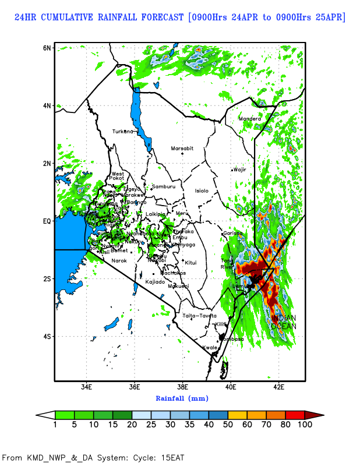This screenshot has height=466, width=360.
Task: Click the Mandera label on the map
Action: tap(250, 119)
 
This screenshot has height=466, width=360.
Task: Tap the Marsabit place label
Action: tap(182, 149)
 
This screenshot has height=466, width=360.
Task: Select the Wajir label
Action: tap(240, 170)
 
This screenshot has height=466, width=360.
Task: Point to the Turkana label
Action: tap(123, 131)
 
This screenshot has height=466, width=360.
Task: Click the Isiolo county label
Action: tap(202, 190)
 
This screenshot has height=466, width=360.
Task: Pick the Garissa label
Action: tap(232, 234)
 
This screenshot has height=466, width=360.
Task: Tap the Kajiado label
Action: tap(155, 282)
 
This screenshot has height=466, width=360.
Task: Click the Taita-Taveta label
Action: tap(199, 316)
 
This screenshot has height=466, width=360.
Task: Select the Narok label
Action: tap(119, 260)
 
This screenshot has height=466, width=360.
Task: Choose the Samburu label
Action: tap(164, 186)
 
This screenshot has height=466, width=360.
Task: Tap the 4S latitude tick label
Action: tap(47, 336)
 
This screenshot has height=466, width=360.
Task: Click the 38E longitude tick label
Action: tap(182, 387)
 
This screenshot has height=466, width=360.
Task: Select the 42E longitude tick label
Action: tap(278, 387)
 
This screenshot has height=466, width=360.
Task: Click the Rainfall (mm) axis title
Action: tap(182, 398)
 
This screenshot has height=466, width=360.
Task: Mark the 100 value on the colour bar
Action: tap(305, 425)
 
